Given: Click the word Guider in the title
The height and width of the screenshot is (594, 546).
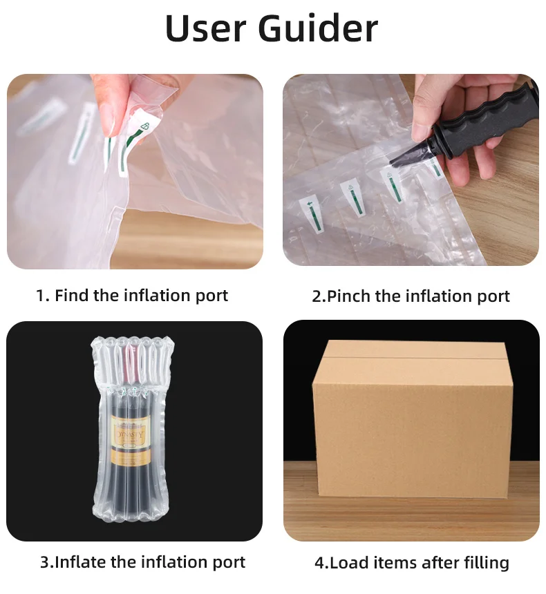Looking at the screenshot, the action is click(x=318, y=28).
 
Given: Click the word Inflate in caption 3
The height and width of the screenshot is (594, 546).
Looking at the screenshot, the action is click(x=80, y=562).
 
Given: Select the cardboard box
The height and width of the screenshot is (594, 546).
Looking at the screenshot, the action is click(x=412, y=419).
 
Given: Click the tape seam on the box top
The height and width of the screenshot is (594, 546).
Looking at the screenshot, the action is click(x=412, y=357).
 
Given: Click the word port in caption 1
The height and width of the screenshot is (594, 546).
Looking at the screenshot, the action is click(x=211, y=296).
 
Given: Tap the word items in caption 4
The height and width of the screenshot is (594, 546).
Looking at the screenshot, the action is click(x=395, y=562).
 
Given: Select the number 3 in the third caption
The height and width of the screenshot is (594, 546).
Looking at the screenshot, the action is click(x=44, y=562).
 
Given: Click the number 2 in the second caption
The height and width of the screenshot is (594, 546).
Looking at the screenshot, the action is click(x=317, y=296).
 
